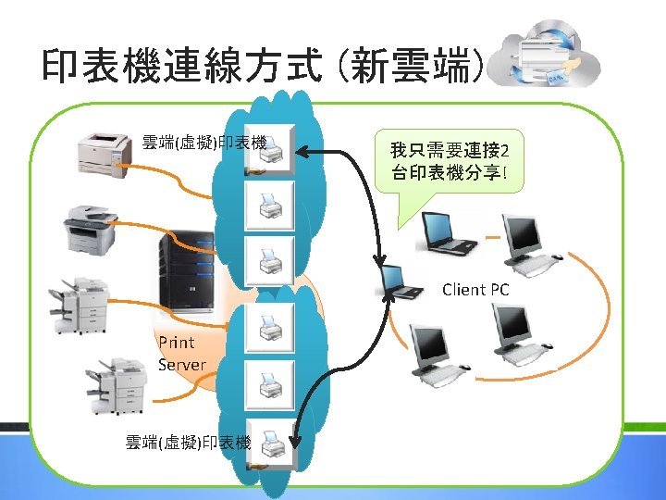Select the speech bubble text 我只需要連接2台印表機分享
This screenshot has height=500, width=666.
point(453,161)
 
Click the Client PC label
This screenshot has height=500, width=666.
point(475,290)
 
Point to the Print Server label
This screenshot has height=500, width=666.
point(181,354)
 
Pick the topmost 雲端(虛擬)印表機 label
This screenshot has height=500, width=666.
point(204,143)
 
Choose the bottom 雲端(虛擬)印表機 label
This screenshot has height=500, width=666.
point(189,443)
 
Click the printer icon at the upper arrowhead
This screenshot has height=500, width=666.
point(271,148)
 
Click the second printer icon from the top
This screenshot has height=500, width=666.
point(271,205)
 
